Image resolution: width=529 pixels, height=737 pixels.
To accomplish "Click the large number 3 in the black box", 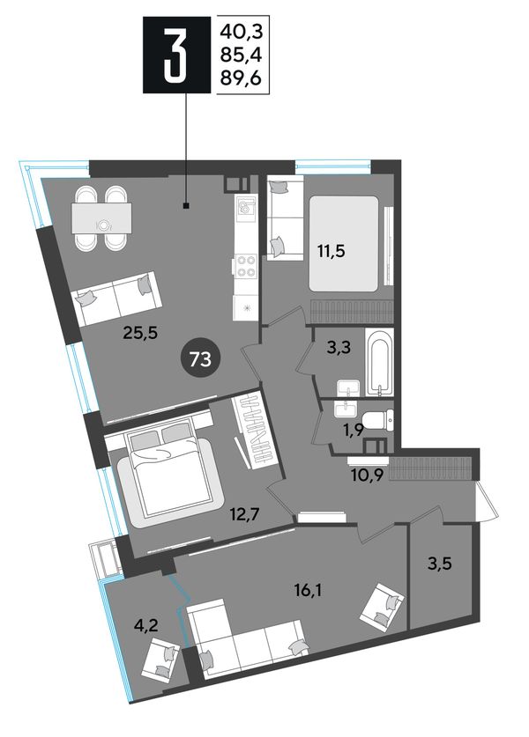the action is click(177, 54).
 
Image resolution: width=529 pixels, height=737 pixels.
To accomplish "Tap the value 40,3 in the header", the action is click(241, 33).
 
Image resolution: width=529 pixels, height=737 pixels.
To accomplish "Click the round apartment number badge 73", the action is click(200, 359).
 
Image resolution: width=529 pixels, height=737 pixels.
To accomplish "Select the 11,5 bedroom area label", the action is click(331, 251).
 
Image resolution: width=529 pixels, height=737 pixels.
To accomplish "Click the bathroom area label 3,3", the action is click(339, 349).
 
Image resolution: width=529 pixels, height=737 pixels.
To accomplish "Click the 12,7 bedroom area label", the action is click(245, 515).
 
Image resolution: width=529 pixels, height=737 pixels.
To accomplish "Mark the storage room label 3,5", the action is click(440, 563).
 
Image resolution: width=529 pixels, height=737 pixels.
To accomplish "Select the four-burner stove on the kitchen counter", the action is click(246, 265).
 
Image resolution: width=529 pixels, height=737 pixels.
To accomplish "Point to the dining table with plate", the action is click(101, 217).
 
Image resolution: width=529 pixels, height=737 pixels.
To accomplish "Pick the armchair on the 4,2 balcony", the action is click(161, 661).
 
